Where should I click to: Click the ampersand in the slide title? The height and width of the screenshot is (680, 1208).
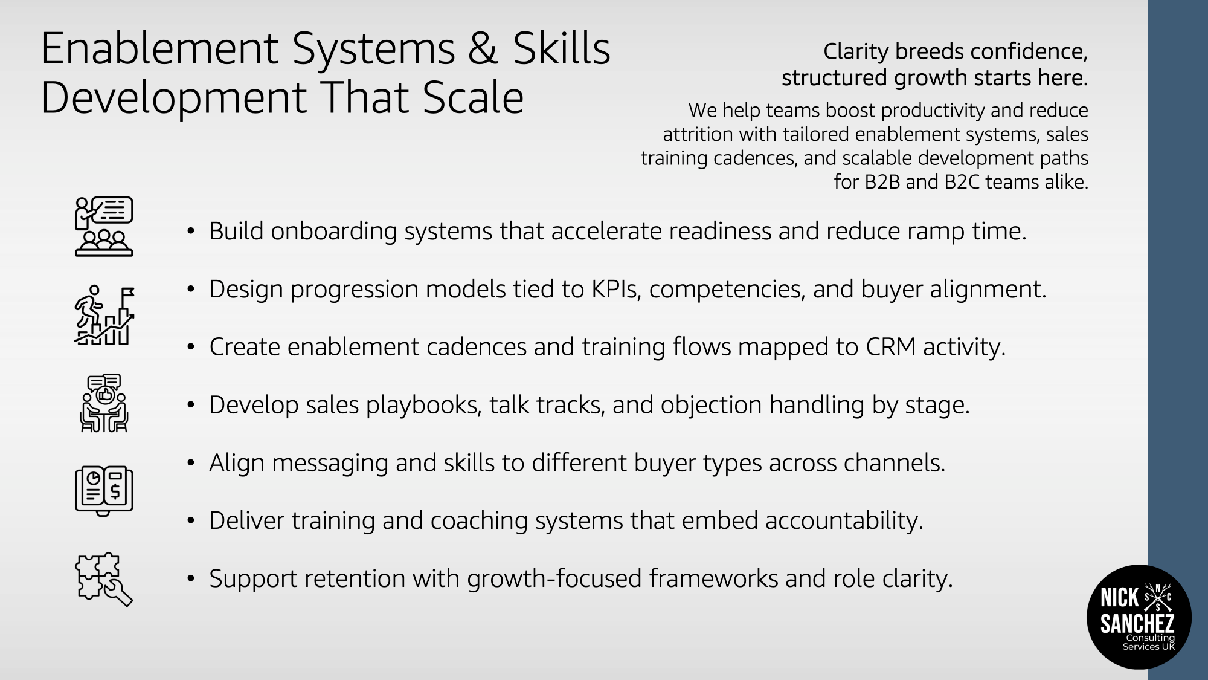(483, 49)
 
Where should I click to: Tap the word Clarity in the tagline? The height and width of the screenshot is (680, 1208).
(856, 53)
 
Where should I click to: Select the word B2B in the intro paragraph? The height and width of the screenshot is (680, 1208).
(882, 182)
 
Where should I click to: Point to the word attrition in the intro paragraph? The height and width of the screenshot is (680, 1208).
(698, 134)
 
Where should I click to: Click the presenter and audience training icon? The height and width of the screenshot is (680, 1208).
(104, 227)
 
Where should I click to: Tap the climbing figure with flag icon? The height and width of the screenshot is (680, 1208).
(104, 315)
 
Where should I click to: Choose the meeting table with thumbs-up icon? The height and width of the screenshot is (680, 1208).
(104, 403)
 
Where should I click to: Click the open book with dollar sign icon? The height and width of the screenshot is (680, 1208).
(104, 491)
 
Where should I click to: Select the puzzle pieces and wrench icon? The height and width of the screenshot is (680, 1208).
(104, 580)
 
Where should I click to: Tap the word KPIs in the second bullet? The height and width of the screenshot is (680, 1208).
(615, 290)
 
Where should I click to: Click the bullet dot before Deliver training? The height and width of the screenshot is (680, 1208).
(191, 521)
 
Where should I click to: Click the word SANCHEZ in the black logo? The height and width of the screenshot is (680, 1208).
(1137, 624)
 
